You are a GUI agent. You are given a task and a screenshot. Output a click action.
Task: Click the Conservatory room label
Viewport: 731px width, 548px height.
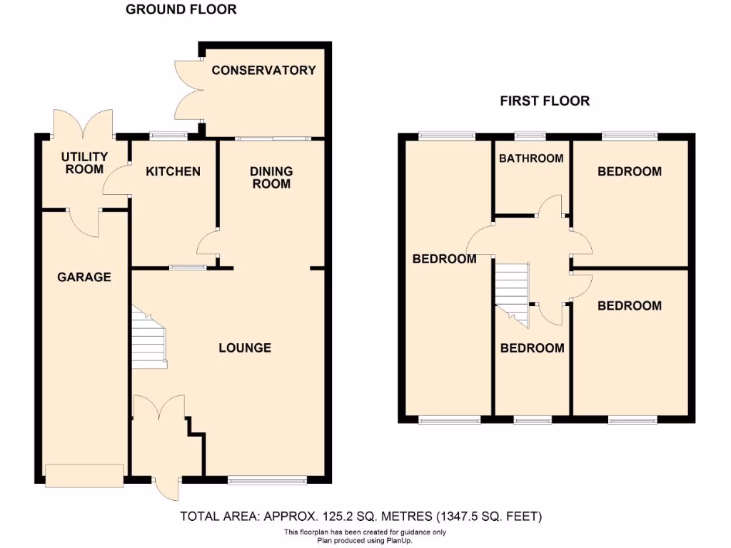[263, 70]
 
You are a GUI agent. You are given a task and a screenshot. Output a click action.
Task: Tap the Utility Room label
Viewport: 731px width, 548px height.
[84, 163]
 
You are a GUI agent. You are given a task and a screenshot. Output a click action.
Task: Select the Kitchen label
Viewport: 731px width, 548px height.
[173, 171]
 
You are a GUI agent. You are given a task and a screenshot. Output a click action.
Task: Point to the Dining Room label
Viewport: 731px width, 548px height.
[271, 177]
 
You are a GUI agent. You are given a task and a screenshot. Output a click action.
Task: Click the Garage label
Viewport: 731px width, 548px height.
[84, 277]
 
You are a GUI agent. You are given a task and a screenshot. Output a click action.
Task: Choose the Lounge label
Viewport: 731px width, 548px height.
[245, 348]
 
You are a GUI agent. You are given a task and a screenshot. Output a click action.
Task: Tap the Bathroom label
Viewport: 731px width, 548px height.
[531, 158]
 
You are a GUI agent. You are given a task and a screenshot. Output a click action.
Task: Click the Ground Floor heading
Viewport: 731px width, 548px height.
[181, 10]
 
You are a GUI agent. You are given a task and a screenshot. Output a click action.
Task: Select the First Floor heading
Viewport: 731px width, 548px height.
[545, 101]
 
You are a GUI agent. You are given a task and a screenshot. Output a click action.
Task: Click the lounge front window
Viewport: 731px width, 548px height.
[268, 481]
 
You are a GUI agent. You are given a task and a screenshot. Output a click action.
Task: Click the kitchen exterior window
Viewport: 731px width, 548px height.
[168, 135]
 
